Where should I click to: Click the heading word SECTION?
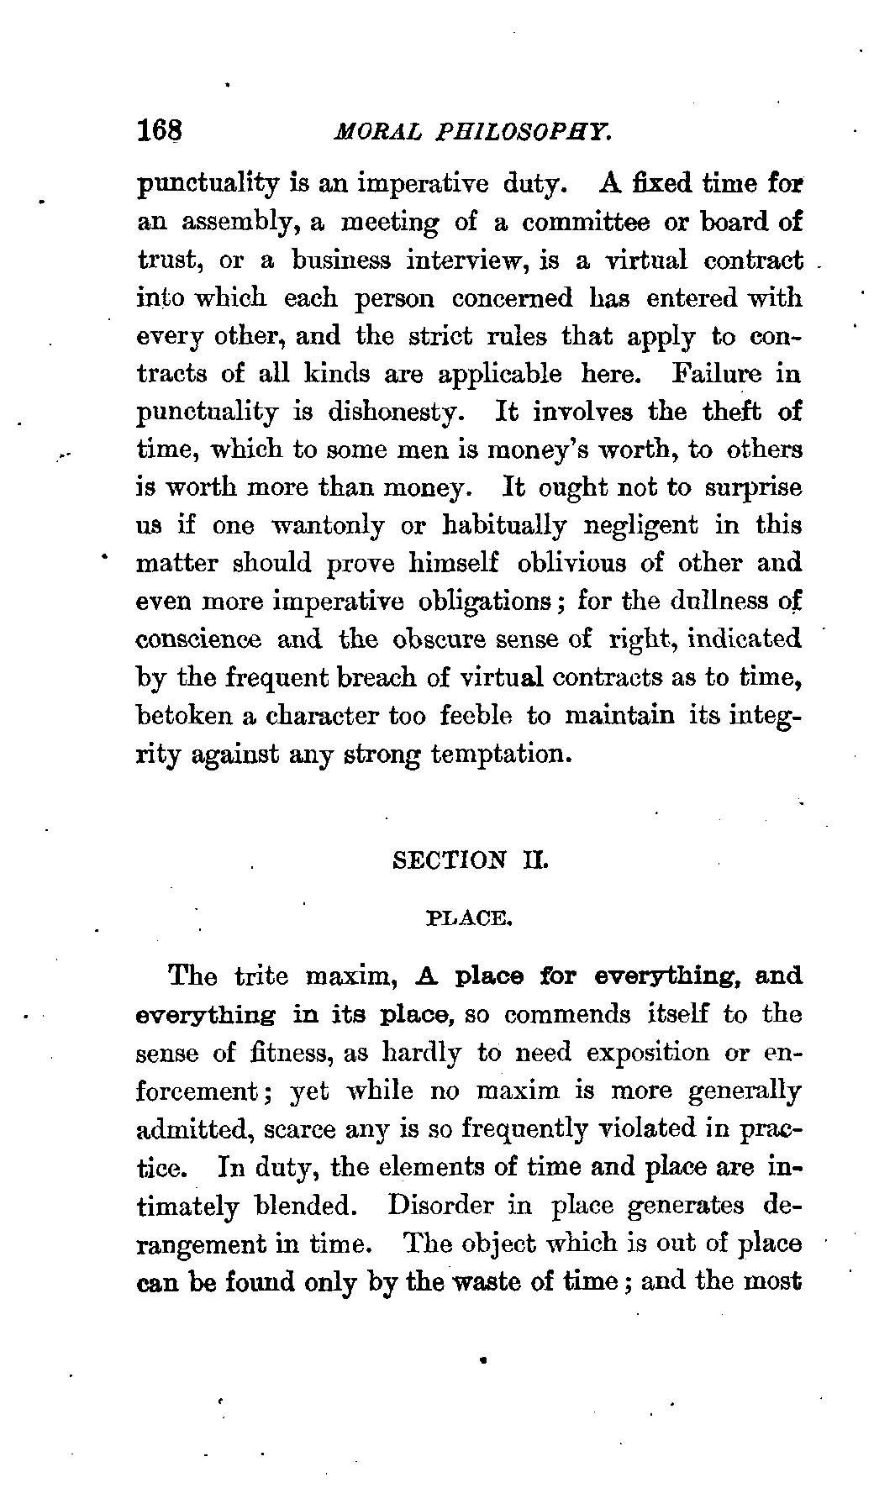pyautogui.click(x=450, y=861)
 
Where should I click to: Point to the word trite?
pyautogui.click(x=261, y=976)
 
